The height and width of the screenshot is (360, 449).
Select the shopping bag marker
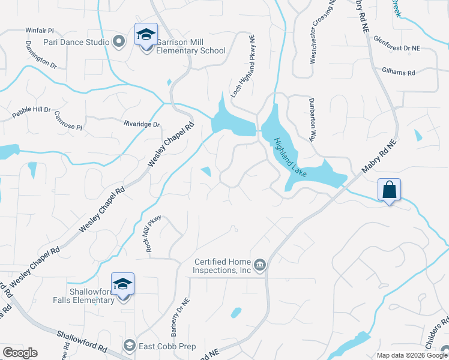pyautogui.click(x=389, y=190)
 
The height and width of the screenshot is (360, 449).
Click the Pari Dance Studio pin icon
pyautogui.click(x=119, y=42)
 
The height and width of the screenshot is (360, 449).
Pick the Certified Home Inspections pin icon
pyautogui.click(x=259, y=265)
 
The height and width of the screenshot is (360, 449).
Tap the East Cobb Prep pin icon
pyautogui.click(x=129, y=344)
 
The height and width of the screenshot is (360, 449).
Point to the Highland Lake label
pyautogui.click(x=291, y=158)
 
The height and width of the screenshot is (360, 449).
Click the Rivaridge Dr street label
pyautogui.click(x=142, y=124)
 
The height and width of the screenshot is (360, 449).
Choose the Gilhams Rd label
pyautogui.click(x=399, y=72)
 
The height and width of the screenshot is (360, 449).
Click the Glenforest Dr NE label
pyautogui.click(x=413, y=47)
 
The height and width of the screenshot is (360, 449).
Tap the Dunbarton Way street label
pyautogui.click(x=312, y=119)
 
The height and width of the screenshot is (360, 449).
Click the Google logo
pyautogui.click(x=20, y=353)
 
